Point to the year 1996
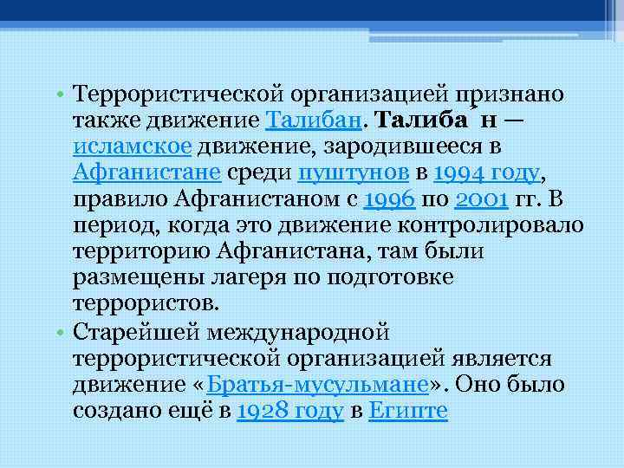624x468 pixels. point(389,199)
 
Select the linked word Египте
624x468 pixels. point(407,413)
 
